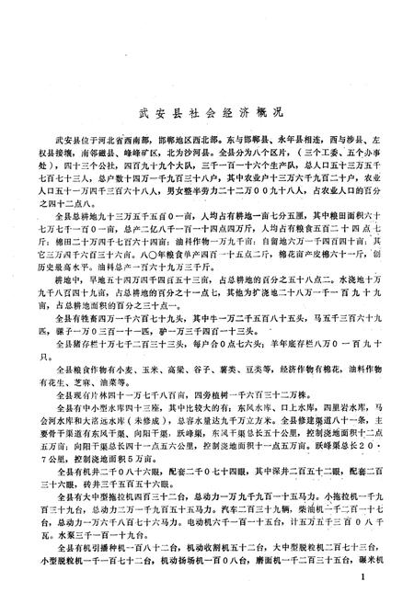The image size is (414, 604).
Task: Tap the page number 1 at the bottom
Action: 365,577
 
